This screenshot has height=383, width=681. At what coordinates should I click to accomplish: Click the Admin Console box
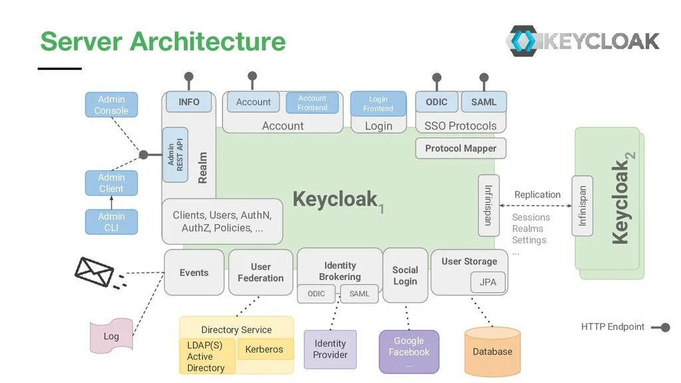111,104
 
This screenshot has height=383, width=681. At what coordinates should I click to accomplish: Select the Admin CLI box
111,222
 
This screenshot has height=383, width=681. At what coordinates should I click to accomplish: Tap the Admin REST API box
175,154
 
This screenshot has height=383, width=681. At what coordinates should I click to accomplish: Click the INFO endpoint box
189,102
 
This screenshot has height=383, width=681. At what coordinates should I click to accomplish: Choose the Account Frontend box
313,103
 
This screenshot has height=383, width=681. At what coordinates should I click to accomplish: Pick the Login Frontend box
378,104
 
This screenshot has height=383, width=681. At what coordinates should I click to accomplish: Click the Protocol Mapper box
461,148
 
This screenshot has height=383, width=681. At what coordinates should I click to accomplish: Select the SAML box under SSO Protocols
484,102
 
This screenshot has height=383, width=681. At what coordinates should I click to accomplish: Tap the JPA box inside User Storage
487,282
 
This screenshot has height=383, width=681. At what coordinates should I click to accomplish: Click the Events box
194,273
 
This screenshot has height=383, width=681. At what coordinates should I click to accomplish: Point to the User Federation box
261,273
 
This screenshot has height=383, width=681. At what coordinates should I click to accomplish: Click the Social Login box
405,275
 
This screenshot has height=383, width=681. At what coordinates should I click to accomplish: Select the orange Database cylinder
493,352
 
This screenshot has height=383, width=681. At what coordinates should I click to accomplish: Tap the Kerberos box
265,349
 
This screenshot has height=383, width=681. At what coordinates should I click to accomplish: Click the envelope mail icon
94,272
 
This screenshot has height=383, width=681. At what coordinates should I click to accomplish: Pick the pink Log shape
111,336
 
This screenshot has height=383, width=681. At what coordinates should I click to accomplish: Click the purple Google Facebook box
409,352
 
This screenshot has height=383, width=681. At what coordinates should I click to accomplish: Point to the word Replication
537,195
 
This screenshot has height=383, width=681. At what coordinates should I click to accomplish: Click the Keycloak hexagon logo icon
523,41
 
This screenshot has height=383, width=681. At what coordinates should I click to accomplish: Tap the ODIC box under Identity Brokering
316,293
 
